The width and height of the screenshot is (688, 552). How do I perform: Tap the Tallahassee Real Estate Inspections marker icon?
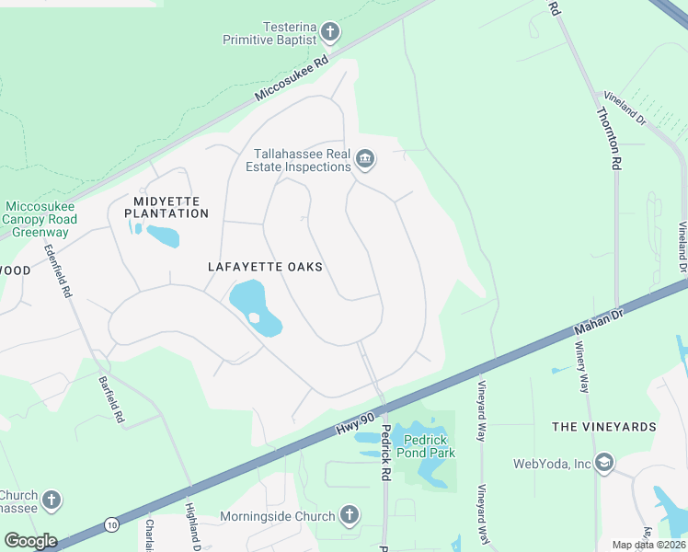tap(365, 160)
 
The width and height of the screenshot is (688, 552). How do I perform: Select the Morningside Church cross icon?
tap(349, 515)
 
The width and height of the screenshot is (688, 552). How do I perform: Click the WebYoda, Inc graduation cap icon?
tap(604, 463)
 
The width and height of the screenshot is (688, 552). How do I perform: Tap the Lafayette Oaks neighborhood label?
tap(265, 267)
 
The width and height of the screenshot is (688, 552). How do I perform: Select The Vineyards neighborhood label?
tap(604, 427)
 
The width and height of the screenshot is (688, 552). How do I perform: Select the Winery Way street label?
tap(582, 367)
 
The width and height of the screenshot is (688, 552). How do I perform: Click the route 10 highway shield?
tap(110, 523)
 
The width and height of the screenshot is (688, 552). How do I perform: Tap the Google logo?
tap(30, 540)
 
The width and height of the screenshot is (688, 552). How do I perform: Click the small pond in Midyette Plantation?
tap(163, 236)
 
